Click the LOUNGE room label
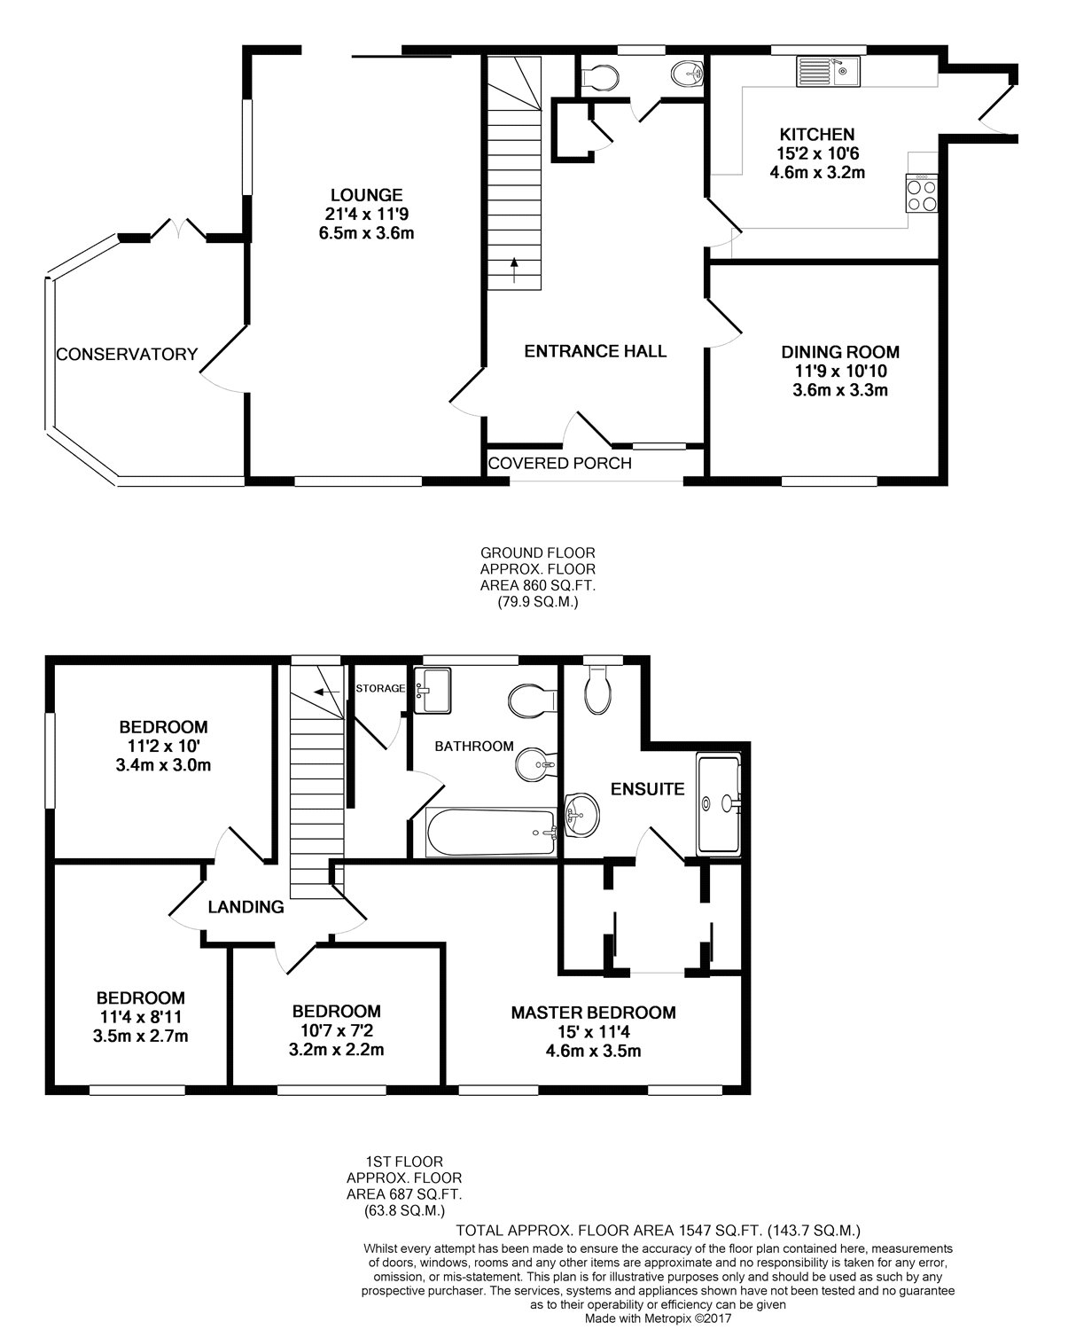(x=366, y=195)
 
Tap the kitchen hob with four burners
(x=922, y=193)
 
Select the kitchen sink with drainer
(x=828, y=71)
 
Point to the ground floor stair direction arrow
(x=514, y=270)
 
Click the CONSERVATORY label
(x=127, y=354)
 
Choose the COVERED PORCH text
(x=560, y=463)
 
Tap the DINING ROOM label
(x=840, y=351)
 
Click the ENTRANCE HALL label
(x=595, y=351)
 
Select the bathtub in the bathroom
(x=490, y=833)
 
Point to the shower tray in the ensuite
(x=719, y=803)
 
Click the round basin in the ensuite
(x=581, y=815)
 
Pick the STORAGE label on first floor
(x=380, y=688)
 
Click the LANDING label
(x=246, y=907)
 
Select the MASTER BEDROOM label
(x=593, y=1013)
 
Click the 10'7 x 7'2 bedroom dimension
(x=336, y=1030)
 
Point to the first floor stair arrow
(x=326, y=692)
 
